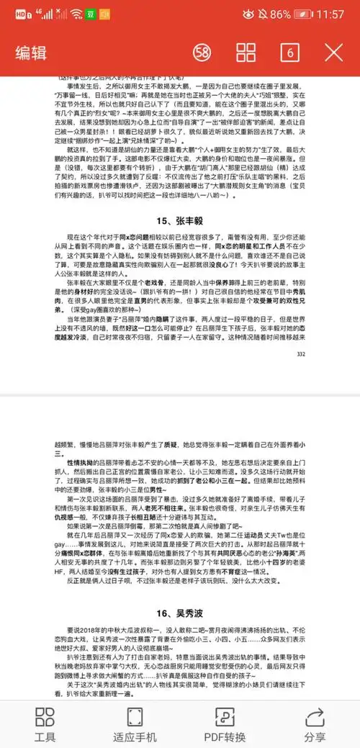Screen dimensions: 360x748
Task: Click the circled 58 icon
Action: (x=202, y=52)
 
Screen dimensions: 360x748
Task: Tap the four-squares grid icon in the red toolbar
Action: (x=246, y=52)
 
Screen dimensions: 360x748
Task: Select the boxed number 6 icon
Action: (x=290, y=52)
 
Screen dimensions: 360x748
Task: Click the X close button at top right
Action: (x=334, y=52)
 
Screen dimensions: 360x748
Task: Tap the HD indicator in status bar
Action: (x=21, y=14)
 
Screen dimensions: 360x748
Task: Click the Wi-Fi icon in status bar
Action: (x=76, y=14)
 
